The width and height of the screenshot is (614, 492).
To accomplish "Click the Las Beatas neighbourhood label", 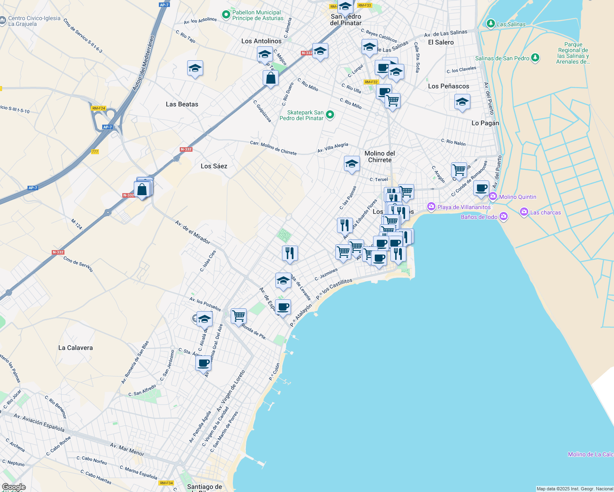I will click(x=182, y=104).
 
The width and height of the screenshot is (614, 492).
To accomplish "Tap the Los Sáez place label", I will click(x=214, y=166).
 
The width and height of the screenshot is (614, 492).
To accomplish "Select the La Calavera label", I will click(x=76, y=348).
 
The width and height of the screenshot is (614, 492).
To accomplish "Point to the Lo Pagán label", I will click(x=485, y=123).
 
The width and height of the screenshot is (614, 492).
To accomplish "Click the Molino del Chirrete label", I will click(x=380, y=157).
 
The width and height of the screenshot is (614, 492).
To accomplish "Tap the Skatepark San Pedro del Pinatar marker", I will click(x=330, y=115).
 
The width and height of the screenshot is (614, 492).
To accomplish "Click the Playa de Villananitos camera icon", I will click(x=431, y=207).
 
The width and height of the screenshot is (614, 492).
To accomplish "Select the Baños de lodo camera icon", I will click(x=504, y=216).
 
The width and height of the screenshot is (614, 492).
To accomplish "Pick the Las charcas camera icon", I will click(x=524, y=212).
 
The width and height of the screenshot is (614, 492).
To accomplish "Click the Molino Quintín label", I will click(x=518, y=197).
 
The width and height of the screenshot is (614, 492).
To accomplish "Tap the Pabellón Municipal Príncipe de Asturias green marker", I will click(x=226, y=15).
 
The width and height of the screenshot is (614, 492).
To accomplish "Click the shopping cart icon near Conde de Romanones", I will click(x=459, y=169).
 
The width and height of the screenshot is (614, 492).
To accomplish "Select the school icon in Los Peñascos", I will click(x=462, y=102).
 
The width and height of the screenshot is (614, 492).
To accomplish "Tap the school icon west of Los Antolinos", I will click(x=195, y=68).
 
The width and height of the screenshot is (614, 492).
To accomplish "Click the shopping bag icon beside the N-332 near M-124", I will click(x=142, y=189).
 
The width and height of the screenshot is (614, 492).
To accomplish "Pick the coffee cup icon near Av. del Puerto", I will click(x=481, y=188).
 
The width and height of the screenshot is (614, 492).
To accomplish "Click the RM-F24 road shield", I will click(x=99, y=108).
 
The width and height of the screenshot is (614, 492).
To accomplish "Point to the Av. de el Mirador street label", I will click(x=192, y=232).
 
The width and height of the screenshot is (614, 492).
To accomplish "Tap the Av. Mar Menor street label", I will click(x=127, y=449).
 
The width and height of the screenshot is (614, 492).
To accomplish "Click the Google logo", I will click(x=14, y=487).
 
